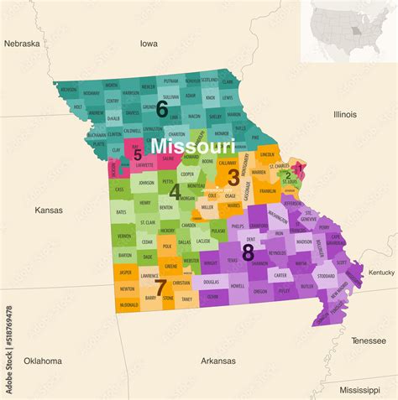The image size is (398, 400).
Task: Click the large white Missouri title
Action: pyautogui.click(x=192, y=146)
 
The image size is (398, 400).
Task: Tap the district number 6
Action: pyautogui.click(x=162, y=109)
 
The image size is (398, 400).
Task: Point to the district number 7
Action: pyautogui.click(x=160, y=287)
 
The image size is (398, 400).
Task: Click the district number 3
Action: pyautogui.click(x=233, y=177)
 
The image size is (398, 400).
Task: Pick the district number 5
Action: pyautogui.click(x=138, y=154)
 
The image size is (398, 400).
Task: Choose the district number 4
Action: pyautogui.click(x=175, y=192)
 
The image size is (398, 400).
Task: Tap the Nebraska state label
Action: pyautogui.click(x=22, y=43)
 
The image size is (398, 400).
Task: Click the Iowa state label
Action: pyautogui.click(x=149, y=43)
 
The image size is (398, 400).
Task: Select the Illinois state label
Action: pyautogui.click(x=344, y=114)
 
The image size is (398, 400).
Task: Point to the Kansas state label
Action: pyautogui.click(x=49, y=210)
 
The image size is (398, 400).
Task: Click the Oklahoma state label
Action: pyautogui.click(x=42, y=361)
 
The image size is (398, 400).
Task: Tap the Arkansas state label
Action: pyautogui.click(x=218, y=361)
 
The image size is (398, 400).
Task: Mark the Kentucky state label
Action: pyautogui.click(x=381, y=273)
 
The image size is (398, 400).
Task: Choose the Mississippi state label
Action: pyautogui.click(x=359, y=390)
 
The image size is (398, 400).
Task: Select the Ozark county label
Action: pyautogui.click(x=213, y=296)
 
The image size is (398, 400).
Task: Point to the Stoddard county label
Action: pyautogui.click(x=326, y=276)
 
